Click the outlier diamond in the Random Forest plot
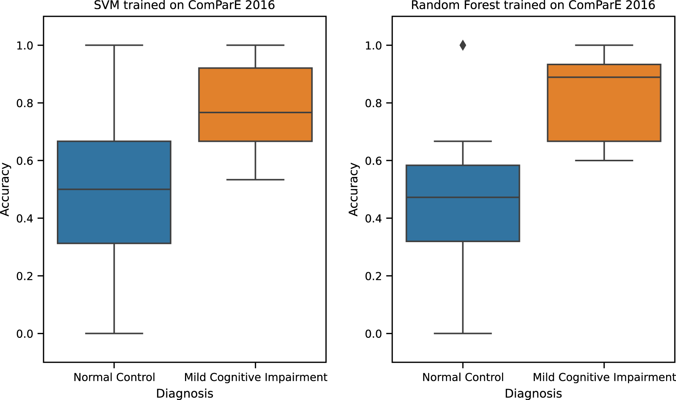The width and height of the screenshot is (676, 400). coord(463,45)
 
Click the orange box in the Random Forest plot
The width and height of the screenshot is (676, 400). coord(604,111)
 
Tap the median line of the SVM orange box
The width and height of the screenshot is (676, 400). coord(255,112)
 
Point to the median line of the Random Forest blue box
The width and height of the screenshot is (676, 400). coord(463,198)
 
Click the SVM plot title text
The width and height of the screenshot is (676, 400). coord(184,5)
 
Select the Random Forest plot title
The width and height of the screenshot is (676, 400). coord(533,5)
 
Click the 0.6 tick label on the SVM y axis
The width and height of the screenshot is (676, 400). coord(24,161)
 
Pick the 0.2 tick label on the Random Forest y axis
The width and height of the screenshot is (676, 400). coord(373,276)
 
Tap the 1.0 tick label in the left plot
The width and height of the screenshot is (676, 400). coord(24,46)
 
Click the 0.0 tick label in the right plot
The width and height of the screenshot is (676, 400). coord(373,334)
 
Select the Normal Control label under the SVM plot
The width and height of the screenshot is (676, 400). coord(114,378)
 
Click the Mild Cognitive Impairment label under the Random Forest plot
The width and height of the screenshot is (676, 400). coord(604,378)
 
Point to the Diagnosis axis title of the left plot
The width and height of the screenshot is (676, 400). coord(184,394)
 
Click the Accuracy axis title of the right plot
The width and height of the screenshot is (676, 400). coord(354,190)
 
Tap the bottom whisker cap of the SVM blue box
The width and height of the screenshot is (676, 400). coord(114,333)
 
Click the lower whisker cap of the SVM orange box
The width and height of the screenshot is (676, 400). coord(255,180)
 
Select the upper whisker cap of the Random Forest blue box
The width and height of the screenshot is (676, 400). coord(463,141)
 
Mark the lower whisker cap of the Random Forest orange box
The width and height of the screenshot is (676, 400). coord(604,161)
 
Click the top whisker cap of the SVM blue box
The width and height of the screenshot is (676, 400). coord(114,45)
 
